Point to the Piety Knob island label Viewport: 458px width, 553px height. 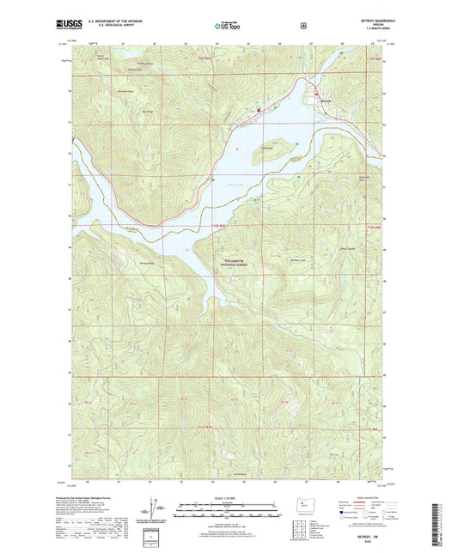266,148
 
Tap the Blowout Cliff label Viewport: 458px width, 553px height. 296,259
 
